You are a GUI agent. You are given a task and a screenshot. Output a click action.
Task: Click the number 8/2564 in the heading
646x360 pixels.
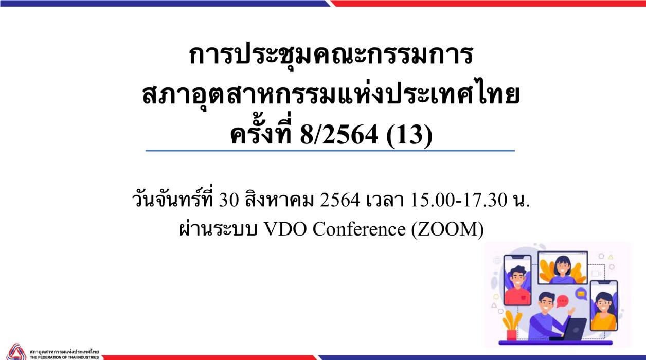click(x=339, y=135)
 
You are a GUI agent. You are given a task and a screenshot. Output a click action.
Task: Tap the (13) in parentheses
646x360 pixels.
click(x=409, y=136)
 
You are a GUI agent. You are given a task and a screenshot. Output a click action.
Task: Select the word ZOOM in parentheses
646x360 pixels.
click(x=447, y=229)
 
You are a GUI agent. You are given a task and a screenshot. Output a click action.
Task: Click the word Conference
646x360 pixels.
click(x=359, y=229)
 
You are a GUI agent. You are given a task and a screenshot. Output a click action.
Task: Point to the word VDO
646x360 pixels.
click(x=285, y=229)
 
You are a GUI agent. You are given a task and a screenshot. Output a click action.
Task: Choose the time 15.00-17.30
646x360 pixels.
click(x=459, y=200)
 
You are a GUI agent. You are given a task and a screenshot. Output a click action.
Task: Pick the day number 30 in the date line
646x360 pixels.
click(x=229, y=200)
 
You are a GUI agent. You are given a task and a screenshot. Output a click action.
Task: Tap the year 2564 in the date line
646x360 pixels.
click(x=340, y=200)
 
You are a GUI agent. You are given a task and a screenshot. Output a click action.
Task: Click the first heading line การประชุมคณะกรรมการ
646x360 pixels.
click(x=331, y=55)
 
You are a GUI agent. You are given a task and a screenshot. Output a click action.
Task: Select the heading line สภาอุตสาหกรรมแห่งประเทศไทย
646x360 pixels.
click(x=331, y=94)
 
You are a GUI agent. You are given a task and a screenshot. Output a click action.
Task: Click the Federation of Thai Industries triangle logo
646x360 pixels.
click(x=16, y=352)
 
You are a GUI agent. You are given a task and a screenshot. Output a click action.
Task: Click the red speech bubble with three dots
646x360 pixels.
click(x=562, y=301)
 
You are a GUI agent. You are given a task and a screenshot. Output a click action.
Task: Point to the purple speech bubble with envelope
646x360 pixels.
click(x=581, y=295)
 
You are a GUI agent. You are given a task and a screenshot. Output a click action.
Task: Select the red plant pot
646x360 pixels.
click(x=511, y=335)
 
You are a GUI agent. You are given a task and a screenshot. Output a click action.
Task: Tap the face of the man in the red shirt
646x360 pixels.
click(x=517, y=279)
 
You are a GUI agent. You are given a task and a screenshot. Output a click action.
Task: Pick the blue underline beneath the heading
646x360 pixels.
click(x=330, y=151)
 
